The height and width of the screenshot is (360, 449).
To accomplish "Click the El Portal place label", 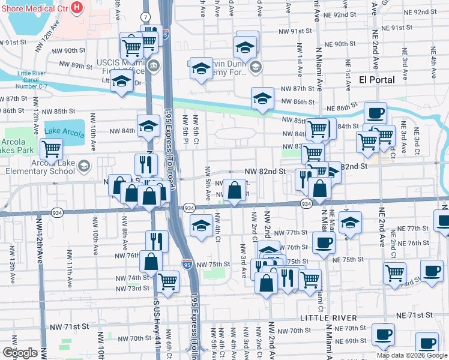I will (x=376, y=80).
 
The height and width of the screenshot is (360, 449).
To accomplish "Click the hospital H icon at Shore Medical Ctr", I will (x=76, y=7).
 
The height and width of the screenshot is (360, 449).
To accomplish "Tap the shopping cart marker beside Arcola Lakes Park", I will (x=52, y=148).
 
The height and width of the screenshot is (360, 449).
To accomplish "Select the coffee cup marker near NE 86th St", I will (x=376, y=112).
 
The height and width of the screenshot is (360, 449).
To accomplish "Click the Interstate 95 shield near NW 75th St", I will (x=187, y=263).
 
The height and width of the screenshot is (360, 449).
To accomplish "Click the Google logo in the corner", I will (x=20, y=352).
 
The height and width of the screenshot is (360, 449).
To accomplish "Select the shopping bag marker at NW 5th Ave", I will (x=234, y=191).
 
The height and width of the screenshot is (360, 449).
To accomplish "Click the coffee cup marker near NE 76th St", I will (x=324, y=242).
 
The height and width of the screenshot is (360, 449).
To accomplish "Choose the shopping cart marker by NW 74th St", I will (x=167, y=280).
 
